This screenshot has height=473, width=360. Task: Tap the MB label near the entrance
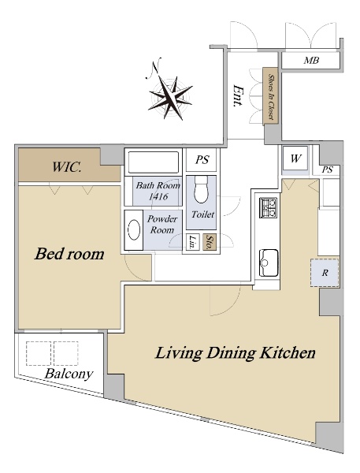(x=311, y=61)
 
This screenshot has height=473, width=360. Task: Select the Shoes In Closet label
(x=271, y=96)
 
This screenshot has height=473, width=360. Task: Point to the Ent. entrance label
(x=239, y=95)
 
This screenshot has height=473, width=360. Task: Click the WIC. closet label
(x=66, y=167)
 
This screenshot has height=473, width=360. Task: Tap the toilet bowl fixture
(x=201, y=190)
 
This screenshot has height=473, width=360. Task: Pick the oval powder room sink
(x=134, y=230)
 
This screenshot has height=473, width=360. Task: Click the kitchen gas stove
(x=269, y=207)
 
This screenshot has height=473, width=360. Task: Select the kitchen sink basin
(x=269, y=263)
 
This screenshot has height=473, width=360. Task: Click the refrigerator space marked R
(x=325, y=273)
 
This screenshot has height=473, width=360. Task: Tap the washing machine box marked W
(x=295, y=158)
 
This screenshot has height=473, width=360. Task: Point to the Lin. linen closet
(x=192, y=242)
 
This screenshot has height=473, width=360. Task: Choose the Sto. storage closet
(x=210, y=242)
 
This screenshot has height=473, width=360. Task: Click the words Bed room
(x=69, y=254)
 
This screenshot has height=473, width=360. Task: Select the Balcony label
(x=69, y=374)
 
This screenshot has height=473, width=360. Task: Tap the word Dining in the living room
(x=231, y=353)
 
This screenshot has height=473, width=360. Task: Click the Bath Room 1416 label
(x=158, y=191)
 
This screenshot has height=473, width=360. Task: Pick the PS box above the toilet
(x=202, y=159)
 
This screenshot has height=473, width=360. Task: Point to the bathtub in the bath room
(x=154, y=162)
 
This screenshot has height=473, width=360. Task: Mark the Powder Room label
(x=162, y=224)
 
